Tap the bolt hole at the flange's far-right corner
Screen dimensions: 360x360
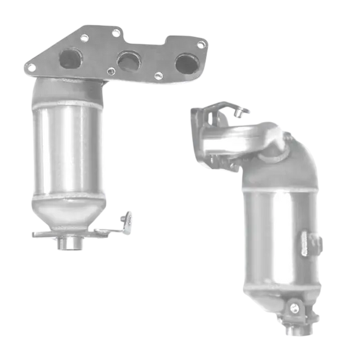(201, 44)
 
